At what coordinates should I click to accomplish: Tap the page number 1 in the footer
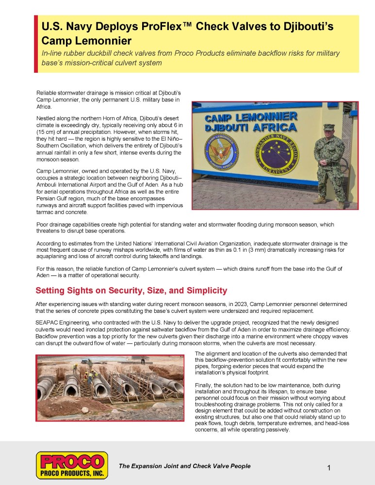click(x=329, y=468)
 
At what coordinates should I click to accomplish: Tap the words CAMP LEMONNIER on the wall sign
click(x=251, y=117)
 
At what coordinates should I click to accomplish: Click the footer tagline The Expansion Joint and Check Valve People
click(x=184, y=466)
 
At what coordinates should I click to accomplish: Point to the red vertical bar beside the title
click(x=36, y=44)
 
